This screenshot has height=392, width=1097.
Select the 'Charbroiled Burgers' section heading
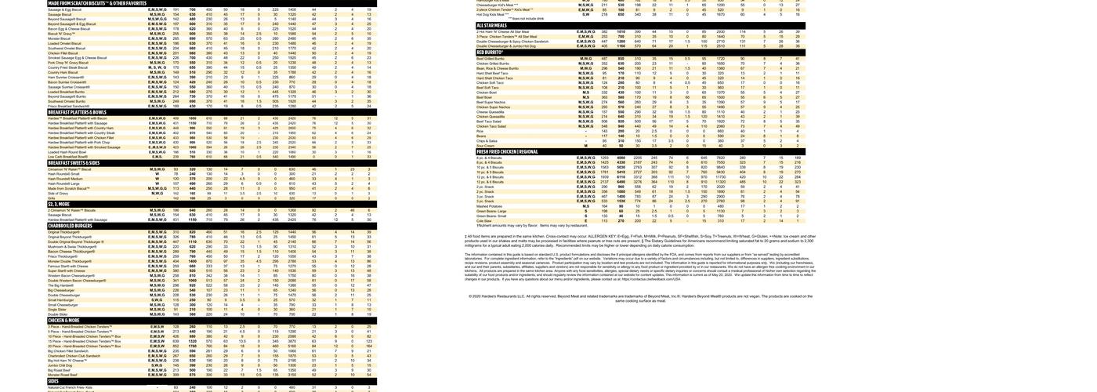70,226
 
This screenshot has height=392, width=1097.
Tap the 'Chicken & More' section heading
63,320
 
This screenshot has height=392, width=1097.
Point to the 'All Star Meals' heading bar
496,26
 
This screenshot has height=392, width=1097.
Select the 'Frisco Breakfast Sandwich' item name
67,106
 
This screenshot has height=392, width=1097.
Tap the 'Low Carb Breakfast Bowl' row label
67,157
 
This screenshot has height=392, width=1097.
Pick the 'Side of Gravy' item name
58,193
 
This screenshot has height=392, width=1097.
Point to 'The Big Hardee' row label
60,285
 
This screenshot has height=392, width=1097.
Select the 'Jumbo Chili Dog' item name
60,365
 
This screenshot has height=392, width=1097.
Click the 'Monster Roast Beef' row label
63,375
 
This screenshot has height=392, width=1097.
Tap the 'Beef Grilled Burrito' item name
491,59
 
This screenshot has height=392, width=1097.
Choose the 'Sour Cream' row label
486,145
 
